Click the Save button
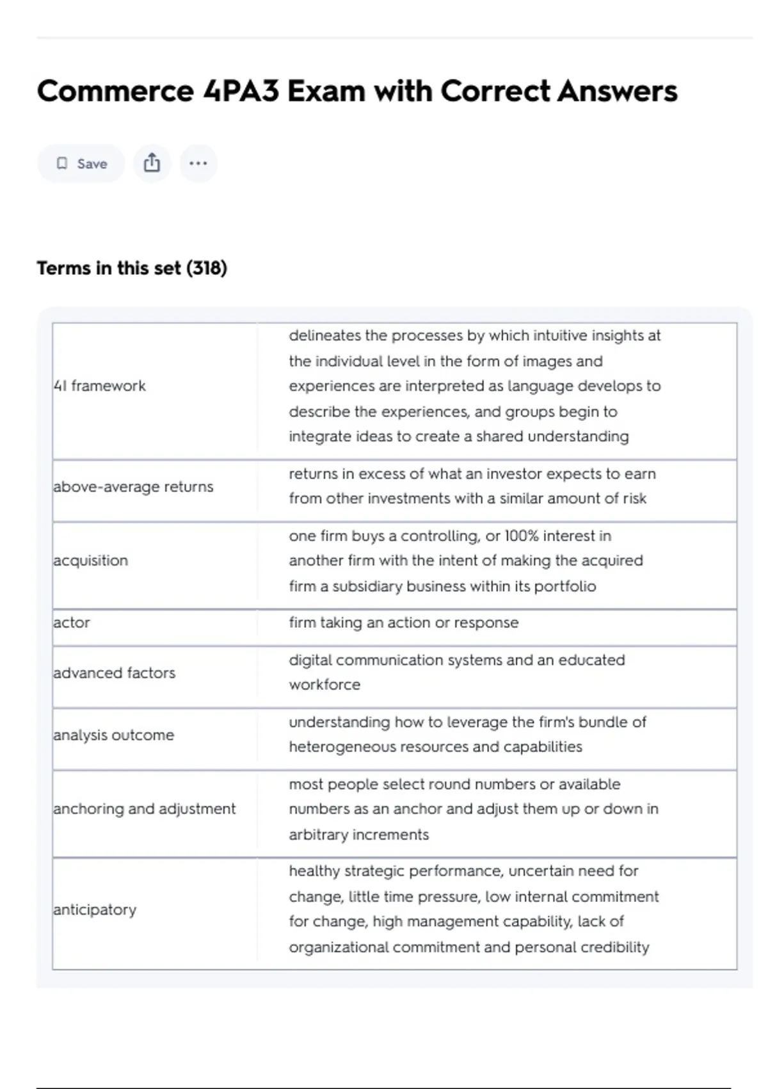81,163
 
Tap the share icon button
152,163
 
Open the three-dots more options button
198,163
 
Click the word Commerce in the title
115,91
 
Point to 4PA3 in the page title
241,91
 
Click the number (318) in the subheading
207,268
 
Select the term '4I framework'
100,386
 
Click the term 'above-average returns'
133,487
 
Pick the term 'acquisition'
91,561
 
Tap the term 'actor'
72,623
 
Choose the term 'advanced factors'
115,673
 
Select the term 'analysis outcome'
114,735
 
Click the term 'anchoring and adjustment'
145,809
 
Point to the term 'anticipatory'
95,910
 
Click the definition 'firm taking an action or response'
403,623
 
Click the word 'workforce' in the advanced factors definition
324,685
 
